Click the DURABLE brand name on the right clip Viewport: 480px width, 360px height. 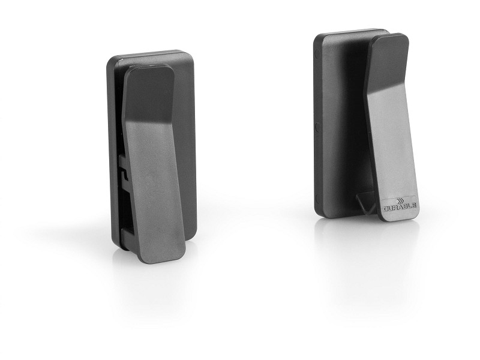click(x=400, y=206)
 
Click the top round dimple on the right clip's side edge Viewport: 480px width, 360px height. click(x=317, y=55)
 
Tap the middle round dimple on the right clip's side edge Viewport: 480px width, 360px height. click(x=317, y=127)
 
